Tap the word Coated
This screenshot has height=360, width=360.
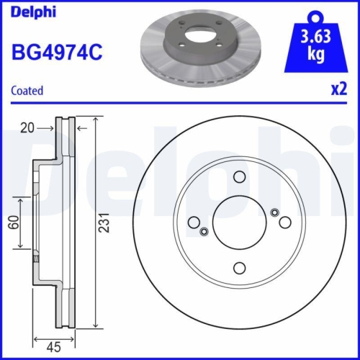coord(27,91)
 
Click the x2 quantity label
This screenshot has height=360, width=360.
coord(337,91)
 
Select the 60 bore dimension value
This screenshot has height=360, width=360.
coord(13,222)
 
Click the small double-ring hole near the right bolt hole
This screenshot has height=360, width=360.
coord(274,212)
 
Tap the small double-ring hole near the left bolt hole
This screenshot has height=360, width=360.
coord(204,231)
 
